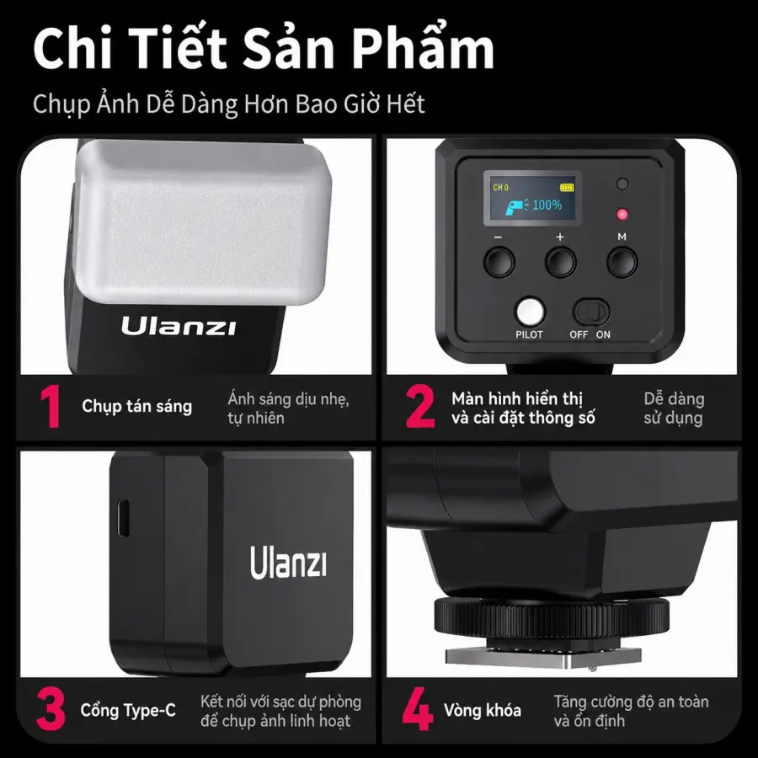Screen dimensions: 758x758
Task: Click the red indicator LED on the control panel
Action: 622,214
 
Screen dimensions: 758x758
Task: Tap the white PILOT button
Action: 531,312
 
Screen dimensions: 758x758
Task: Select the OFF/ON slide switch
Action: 590,312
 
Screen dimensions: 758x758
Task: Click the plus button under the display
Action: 561,262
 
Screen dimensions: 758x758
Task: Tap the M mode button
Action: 622,262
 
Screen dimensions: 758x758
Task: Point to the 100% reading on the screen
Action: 547,205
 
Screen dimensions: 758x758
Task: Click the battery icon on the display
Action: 567,187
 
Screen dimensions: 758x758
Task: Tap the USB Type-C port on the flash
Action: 123,518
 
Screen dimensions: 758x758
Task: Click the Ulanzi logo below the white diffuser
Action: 179,326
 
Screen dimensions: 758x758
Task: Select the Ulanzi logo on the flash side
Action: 288,563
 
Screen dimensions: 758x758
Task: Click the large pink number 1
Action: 51,406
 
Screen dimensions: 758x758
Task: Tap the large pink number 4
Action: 418,709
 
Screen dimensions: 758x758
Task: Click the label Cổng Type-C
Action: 128,710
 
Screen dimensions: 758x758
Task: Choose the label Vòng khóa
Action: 482,710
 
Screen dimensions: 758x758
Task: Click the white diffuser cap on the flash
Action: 203,222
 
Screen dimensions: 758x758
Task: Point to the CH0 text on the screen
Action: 500,188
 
